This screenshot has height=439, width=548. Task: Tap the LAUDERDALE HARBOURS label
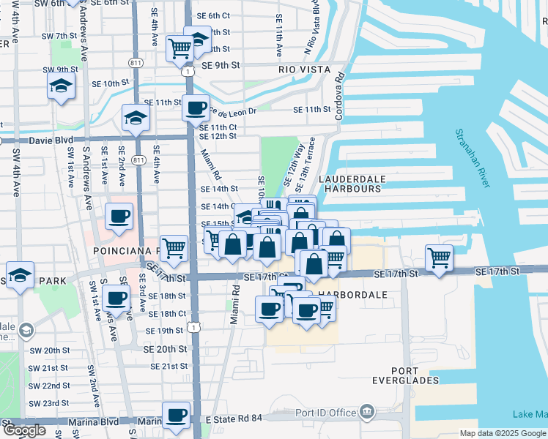click(x=349, y=183)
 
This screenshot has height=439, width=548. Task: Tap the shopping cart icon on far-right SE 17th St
click(x=439, y=258)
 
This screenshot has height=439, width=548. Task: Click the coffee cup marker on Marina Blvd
click(x=176, y=416)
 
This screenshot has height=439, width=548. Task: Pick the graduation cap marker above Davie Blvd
click(x=136, y=117)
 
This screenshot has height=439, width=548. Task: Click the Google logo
click(x=24, y=430)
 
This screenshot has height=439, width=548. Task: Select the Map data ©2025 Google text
click(x=502, y=433)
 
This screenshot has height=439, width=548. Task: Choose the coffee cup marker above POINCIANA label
click(x=119, y=217)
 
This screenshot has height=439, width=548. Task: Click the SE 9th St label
click(x=221, y=65)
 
